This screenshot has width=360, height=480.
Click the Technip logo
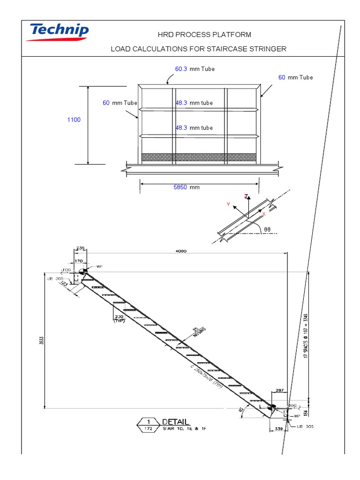pos(59,32)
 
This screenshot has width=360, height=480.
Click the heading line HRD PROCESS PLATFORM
pos(198,35)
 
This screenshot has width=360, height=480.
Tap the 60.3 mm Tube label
pos(195,69)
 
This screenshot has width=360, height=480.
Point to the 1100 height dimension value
pos(74,120)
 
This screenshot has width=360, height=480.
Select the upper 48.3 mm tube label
pos(194,103)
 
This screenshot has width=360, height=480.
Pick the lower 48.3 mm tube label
pos(194,127)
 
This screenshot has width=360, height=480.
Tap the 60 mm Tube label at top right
pos(295,77)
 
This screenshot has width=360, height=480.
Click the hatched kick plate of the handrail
pos(199,157)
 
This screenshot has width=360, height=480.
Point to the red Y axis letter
pos(228,204)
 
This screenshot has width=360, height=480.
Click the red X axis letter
pos(264,214)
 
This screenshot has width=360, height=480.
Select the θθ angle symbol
pos(267,230)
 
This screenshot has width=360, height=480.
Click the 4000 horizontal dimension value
pos(181,251)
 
